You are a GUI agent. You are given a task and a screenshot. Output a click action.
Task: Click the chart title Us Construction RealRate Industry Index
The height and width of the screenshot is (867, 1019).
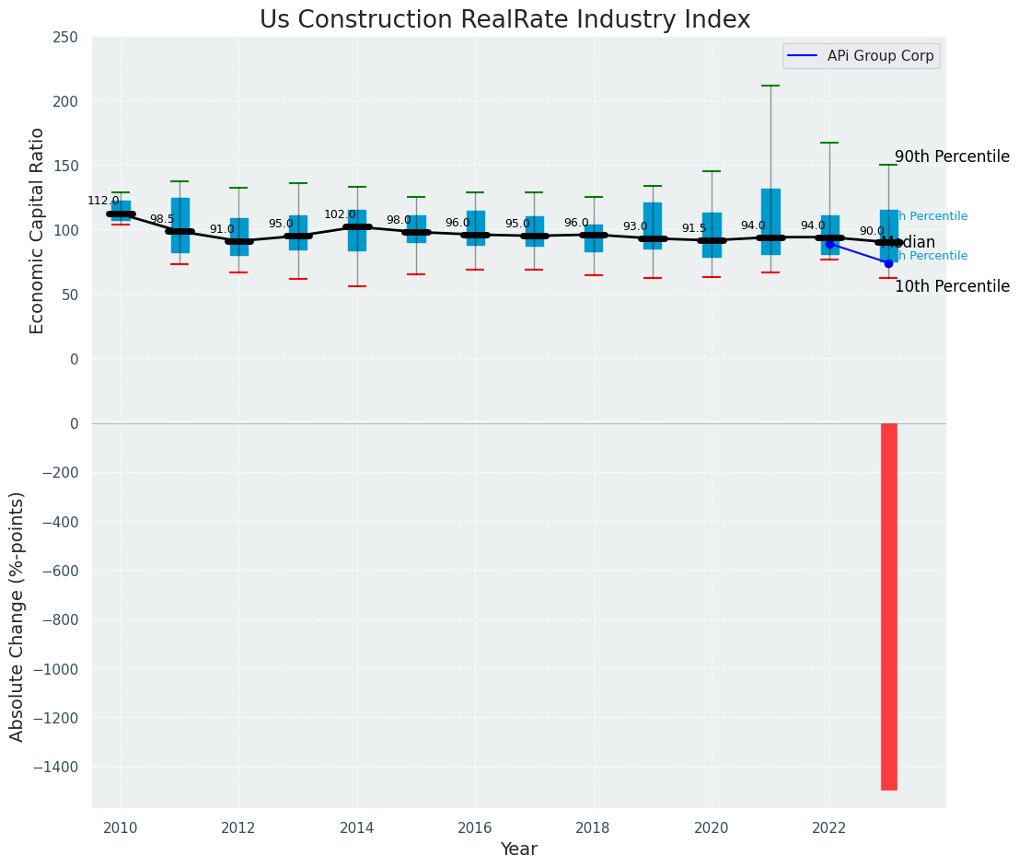click(x=504, y=20)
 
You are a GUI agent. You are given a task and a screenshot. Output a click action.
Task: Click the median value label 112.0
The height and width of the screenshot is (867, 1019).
click(x=103, y=201)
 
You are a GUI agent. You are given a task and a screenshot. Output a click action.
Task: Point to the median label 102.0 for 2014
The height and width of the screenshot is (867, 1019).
click(x=340, y=214)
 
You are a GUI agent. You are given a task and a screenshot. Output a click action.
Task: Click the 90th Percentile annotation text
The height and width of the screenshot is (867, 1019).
click(x=952, y=156)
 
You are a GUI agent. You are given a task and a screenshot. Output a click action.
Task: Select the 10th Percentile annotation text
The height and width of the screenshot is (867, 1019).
click(x=952, y=286)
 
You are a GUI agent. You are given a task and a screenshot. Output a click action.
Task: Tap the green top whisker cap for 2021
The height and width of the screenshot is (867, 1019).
click(x=770, y=86)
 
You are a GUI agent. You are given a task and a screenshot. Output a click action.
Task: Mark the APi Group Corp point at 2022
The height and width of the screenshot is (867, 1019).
click(x=829, y=244)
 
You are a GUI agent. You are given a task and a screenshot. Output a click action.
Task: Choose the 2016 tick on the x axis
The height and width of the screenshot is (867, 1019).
click(x=475, y=828)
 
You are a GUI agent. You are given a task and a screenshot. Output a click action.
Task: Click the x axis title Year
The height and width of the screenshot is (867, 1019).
click(x=518, y=850)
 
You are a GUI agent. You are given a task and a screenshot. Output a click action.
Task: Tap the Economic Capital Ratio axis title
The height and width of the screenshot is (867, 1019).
click(x=37, y=230)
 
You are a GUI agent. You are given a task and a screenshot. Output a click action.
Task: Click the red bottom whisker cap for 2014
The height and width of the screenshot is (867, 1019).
click(x=357, y=286)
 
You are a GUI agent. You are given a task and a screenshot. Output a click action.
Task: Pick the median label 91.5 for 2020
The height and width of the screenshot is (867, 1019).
click(x=694, y=228)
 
